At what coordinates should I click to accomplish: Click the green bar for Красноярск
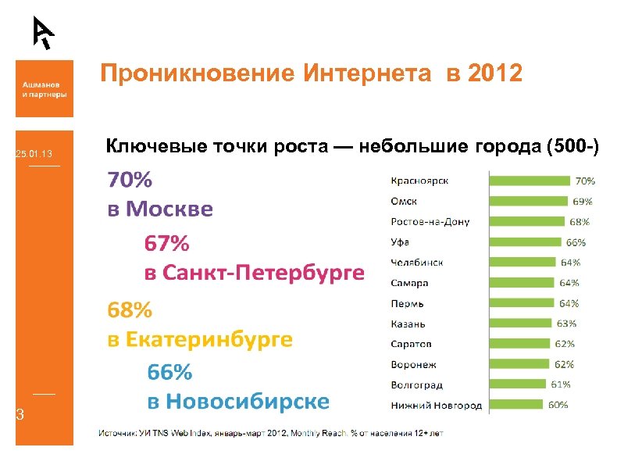530,181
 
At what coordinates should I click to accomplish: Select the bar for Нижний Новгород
516,405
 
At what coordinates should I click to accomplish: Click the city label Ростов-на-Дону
430,222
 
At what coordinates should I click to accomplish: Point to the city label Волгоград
416,385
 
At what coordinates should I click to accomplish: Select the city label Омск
404,202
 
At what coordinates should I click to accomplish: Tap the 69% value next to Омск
583,202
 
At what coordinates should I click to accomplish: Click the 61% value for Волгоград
560,385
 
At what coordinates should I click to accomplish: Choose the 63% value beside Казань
565,324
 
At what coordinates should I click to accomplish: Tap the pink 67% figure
166,244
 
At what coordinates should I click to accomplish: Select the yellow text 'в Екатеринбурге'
200,340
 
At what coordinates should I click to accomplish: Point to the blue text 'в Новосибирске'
238,402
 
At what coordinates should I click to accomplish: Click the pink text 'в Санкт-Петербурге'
254,274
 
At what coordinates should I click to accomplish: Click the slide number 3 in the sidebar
20,415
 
